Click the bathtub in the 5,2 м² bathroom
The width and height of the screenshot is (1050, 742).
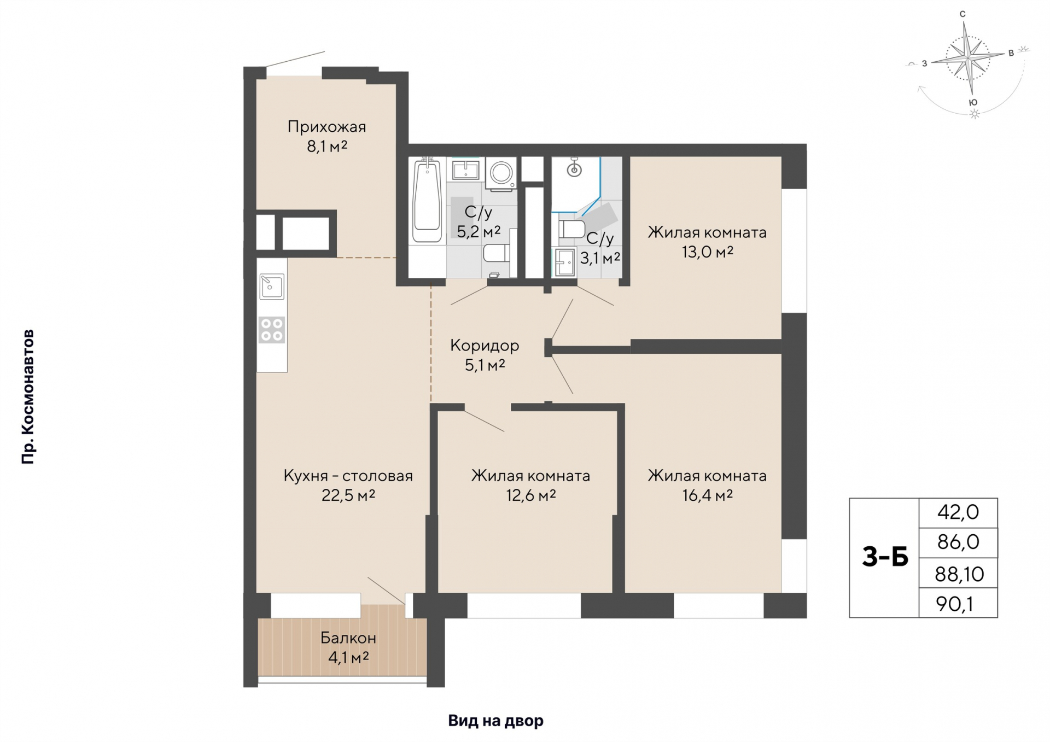point(427,200)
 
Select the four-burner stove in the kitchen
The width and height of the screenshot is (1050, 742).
point(272,330)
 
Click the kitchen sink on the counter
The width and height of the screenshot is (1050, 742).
point(272,286)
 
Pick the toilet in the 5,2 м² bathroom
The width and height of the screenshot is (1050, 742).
point(497,253)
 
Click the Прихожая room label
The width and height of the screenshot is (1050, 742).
point(326,127)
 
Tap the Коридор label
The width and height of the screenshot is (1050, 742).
point(485,345)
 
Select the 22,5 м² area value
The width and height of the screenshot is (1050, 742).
point(348,495)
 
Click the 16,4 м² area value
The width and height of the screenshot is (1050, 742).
point(707,495)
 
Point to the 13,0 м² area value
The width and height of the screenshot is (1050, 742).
point(707,252)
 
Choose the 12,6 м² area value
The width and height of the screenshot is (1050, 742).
point(531,495)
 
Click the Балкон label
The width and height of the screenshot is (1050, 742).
point(348,638)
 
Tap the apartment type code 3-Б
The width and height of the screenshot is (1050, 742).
point(885,557)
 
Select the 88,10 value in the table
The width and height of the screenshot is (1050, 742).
point(959,574)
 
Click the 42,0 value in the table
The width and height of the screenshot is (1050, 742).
point(958,512)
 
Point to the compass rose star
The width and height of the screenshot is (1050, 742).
point(969,57)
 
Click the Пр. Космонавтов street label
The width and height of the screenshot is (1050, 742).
point(28,396)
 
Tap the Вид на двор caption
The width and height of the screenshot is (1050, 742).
point(496,721)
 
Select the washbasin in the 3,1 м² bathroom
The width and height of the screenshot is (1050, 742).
point(565,262)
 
